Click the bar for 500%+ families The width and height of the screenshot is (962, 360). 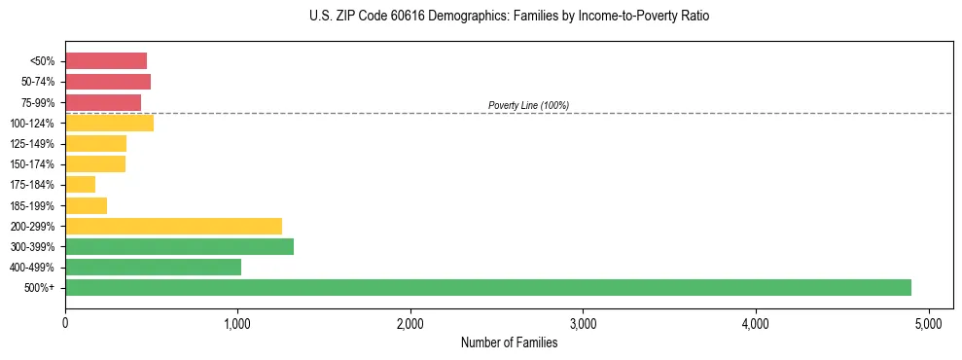[487, 287]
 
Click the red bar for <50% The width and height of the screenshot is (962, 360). [106, 61]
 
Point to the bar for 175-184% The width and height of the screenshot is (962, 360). [80, 185]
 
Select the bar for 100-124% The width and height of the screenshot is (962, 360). [109, 123]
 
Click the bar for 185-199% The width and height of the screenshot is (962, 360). [86, 205]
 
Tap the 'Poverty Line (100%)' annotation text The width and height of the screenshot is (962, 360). [528, 105]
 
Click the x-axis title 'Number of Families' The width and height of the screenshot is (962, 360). [509, 342]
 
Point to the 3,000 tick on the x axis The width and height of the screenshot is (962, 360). [583, 323]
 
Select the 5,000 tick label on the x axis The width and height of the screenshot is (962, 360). [928, 323]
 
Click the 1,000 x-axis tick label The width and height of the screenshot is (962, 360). [237, 323]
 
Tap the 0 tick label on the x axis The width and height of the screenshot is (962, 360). [65, 323]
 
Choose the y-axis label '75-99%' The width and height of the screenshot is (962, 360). [40, 102]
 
